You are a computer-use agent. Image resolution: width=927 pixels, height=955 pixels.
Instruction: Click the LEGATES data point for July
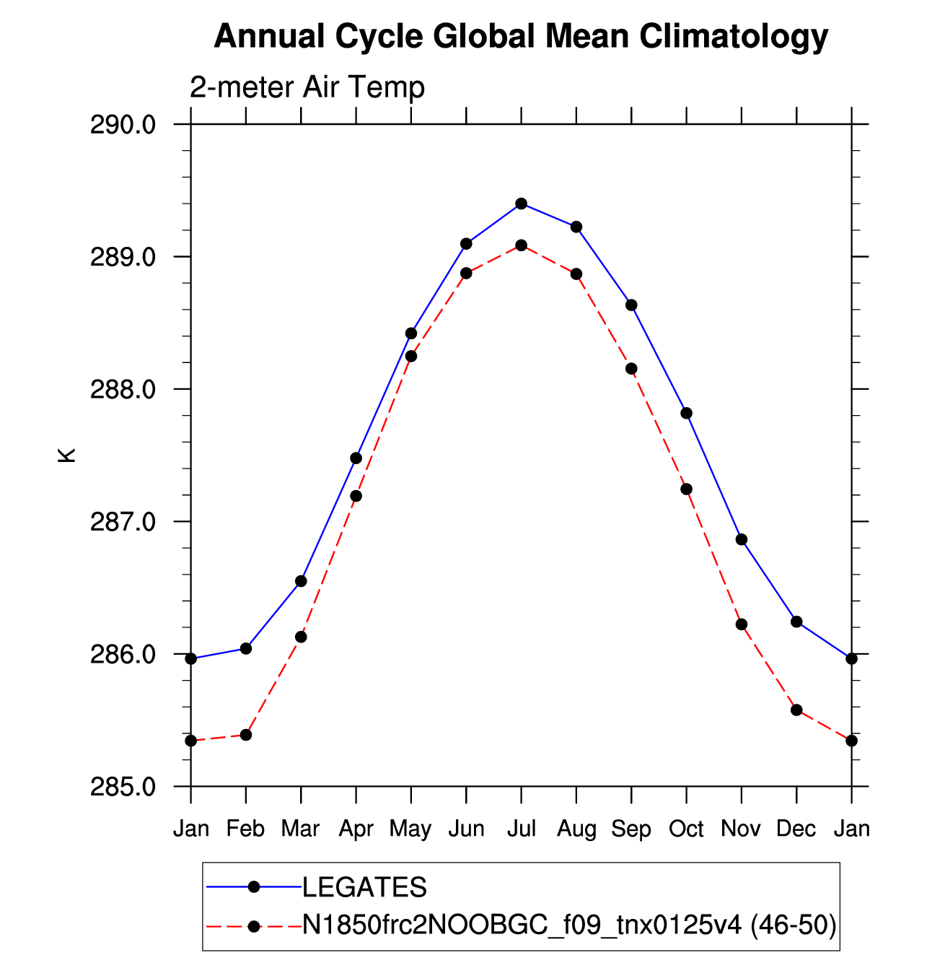[521, 204]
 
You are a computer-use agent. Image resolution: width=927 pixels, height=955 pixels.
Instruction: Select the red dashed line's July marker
[521, 245]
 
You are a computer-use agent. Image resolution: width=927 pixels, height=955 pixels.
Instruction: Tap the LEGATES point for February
[246, 648]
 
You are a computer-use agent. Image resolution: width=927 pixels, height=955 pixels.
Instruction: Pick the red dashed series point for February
[246, 735]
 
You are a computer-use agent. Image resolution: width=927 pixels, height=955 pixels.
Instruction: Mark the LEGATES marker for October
[686, 413]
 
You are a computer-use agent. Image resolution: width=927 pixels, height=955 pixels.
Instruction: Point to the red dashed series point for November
[741, 624]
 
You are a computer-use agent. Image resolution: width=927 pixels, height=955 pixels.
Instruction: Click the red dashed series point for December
[796, 710]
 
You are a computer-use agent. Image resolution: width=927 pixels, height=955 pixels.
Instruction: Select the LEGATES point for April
[356, 458]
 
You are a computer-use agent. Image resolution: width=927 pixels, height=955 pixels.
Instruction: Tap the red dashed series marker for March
[301, 637]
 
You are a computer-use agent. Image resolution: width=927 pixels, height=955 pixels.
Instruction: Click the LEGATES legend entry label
[364, 886]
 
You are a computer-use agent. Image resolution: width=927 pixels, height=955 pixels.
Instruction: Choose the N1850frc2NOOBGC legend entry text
[569, 925]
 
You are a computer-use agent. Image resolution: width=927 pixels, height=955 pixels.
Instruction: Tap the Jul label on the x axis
[522, 829]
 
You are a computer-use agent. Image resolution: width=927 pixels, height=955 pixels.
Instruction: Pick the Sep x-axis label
[631, 830]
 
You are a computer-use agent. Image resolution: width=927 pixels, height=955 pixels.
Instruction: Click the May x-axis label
[410, 830]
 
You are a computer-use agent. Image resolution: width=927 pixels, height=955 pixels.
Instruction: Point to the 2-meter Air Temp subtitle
[307, 87]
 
